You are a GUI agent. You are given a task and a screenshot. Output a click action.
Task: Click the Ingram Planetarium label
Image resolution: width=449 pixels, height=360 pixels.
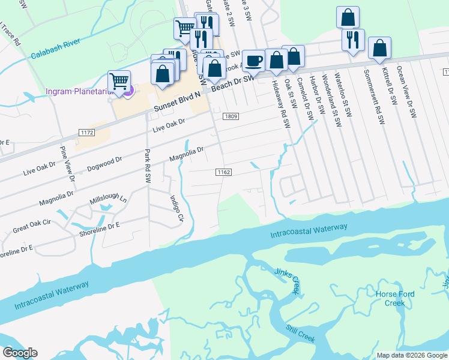coord(81,92)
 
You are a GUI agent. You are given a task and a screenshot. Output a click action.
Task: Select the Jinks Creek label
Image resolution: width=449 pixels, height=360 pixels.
coord(287,281)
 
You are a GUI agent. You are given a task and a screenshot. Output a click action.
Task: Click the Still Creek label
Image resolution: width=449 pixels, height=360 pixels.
coord(300,334)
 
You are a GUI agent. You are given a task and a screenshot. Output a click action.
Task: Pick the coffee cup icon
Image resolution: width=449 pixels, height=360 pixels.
coord(253,61)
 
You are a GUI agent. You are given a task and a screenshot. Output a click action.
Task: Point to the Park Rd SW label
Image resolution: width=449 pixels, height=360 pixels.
coord(147,166)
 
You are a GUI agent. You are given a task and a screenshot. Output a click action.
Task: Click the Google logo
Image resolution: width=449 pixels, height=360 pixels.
coord(20,353)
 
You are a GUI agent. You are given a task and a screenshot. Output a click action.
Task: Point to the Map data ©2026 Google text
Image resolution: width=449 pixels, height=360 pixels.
coord(411,355)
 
